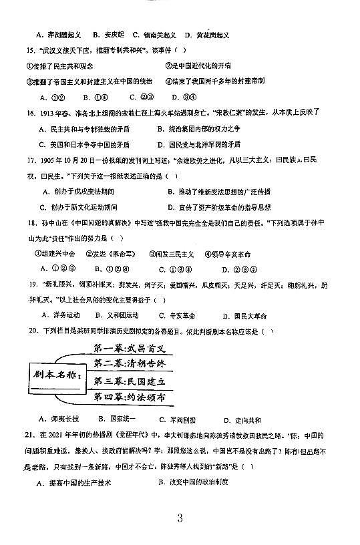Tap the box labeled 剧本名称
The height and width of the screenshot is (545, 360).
pyautogui.click(x=57, y=374)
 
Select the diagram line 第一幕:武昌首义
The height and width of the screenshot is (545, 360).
pyautogui.click(x=130, y=348)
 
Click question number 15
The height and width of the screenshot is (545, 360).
pyautogui.click(x=30, y=50)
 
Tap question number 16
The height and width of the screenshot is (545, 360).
pyautogui.click(x=30, y=113)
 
